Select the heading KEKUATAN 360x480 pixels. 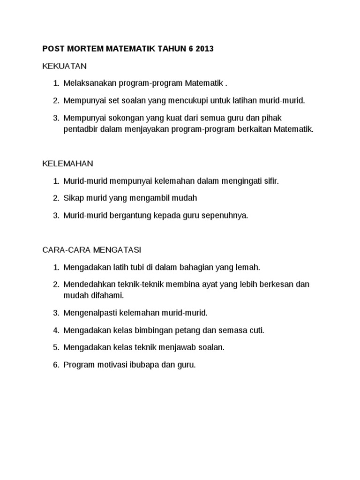65,66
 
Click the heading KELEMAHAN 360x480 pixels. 68,164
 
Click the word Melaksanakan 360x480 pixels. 87,83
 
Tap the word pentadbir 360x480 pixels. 81,128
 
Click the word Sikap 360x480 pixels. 73,198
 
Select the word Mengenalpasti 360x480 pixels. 88,313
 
